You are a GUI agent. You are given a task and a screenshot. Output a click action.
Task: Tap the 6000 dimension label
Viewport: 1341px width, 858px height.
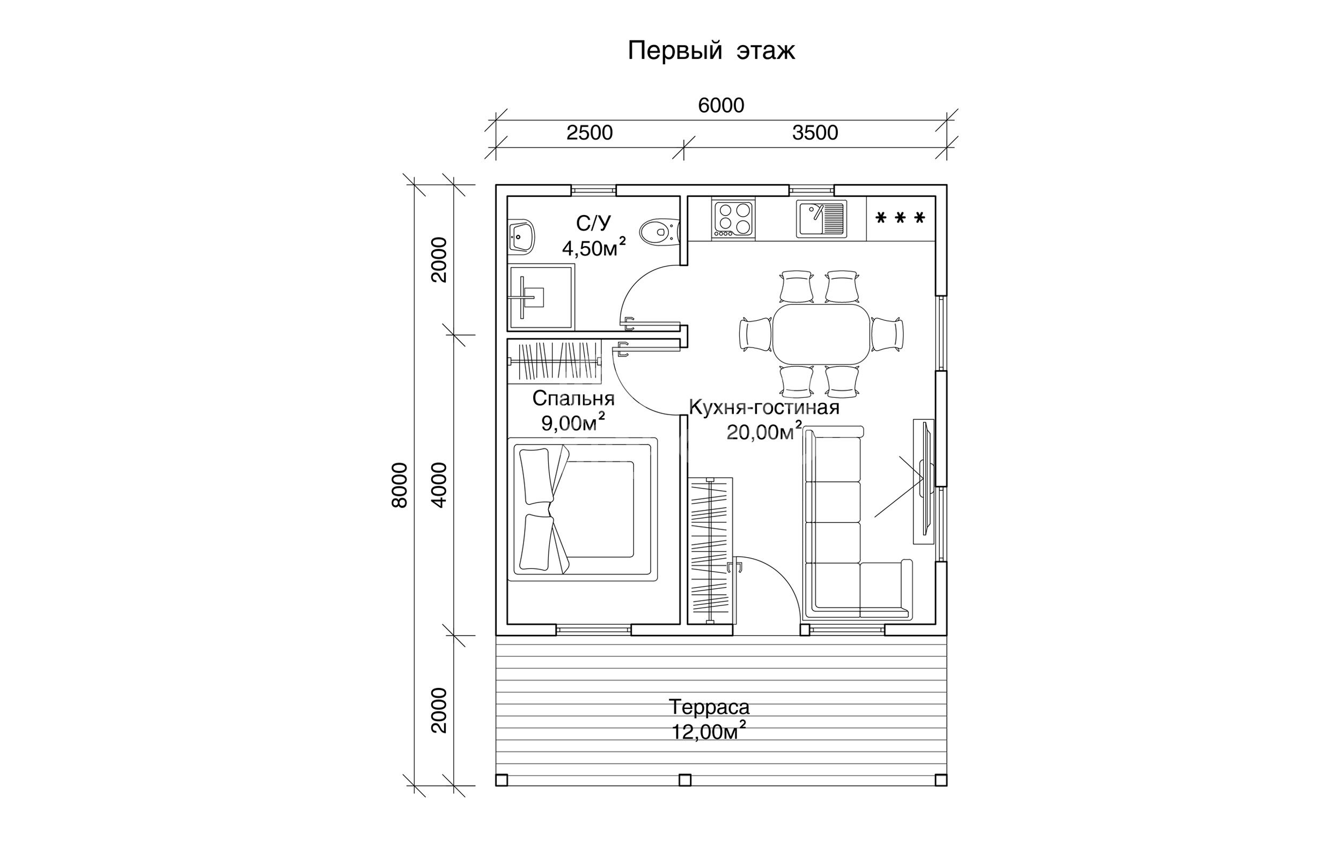click(x=721, y=105)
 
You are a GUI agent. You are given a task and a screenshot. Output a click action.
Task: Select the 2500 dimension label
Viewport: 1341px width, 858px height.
click(x=590, y=132)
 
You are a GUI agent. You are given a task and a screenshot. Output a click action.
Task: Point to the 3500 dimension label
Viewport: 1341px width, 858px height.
click(x=814, y=132)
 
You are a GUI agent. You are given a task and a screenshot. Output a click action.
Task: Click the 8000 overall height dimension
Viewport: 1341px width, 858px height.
click(x=400, y=485)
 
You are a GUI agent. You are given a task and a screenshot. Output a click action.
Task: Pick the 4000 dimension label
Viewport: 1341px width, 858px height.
click(x=439, y=485)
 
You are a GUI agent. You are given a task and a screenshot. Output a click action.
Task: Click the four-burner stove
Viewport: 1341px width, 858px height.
click(x=733, y=220)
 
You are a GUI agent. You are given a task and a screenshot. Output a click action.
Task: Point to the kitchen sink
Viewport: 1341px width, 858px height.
click(x=821, y=219)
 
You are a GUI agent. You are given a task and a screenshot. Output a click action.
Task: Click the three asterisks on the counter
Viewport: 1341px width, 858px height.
click(x=900, y=218)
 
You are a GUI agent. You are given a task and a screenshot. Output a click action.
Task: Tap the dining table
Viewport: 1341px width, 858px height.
click(x=822, y=334)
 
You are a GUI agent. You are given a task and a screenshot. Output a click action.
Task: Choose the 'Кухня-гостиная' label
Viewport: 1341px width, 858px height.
click(x=764, y=407)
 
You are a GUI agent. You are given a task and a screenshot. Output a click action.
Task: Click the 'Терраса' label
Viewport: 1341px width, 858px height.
click(x=709, y=707)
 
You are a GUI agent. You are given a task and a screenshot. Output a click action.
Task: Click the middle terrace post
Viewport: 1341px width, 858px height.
click(x=686, y=780)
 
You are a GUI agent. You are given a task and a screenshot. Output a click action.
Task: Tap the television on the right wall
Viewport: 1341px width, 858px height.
click(x=924, y=482)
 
